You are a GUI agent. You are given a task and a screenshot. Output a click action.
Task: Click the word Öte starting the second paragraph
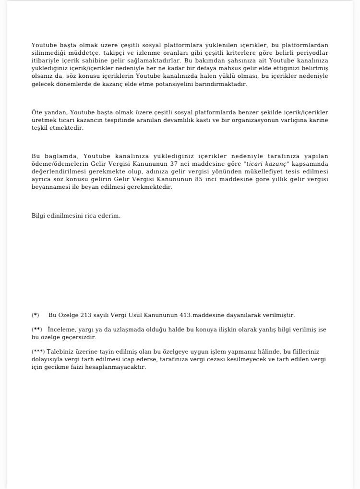coord(37,112)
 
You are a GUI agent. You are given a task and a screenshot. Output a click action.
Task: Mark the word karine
coord(318,120)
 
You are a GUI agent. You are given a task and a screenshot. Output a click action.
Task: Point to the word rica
coord(91,216)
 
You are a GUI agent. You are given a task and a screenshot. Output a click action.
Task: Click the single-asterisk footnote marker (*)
coord(36,315)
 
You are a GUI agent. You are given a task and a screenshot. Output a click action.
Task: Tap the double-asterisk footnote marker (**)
coord(37,330)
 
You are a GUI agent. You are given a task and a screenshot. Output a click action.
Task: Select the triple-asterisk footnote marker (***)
coord(38,352)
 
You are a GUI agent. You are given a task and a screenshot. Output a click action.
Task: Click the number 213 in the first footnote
coord(85,315)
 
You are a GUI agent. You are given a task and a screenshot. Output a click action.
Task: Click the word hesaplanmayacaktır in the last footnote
coord(119,367)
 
